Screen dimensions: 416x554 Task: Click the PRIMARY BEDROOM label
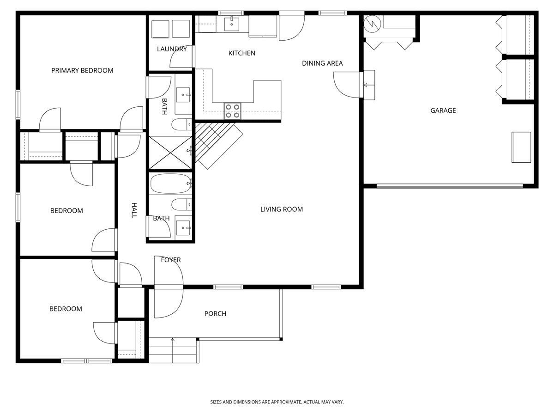(82, 71)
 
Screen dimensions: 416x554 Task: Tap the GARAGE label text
(443, 110)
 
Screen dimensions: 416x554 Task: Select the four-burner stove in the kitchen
(233, 111)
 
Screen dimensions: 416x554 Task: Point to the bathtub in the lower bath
(170, 184)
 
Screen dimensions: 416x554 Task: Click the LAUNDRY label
(172, 49)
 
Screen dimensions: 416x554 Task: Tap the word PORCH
(215, 314)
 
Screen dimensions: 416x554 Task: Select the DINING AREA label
(322, 63)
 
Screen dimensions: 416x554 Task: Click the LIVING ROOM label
(281, 209)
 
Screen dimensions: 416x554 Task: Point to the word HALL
(134, 210)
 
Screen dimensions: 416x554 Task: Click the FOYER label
(170, 260)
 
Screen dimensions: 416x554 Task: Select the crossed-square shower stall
(170, 152)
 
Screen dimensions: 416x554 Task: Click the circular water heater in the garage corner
(372, 24)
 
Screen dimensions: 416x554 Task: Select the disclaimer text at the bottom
(277, 402)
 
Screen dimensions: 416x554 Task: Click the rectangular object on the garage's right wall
(521, 147)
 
